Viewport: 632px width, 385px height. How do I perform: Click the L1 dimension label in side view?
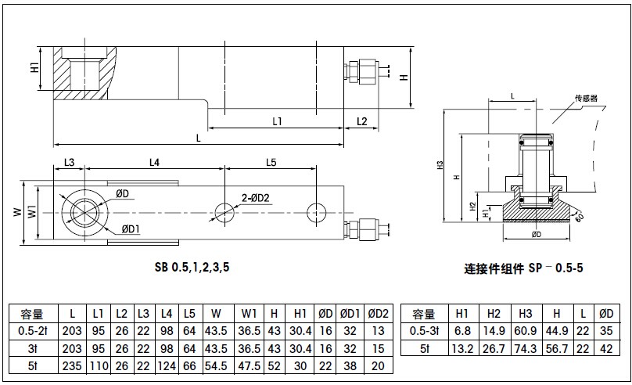[277, 121]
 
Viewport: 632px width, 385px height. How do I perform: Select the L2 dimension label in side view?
[361, 121]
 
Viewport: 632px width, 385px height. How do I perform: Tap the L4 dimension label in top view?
[154, 162]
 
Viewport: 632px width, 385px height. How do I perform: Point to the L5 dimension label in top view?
[271, 162]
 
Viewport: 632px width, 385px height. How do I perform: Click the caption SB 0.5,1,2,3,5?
[192, 267]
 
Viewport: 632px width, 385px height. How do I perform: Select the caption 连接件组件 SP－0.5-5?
[523, 268]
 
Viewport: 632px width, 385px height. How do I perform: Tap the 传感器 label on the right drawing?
[586, 99]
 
